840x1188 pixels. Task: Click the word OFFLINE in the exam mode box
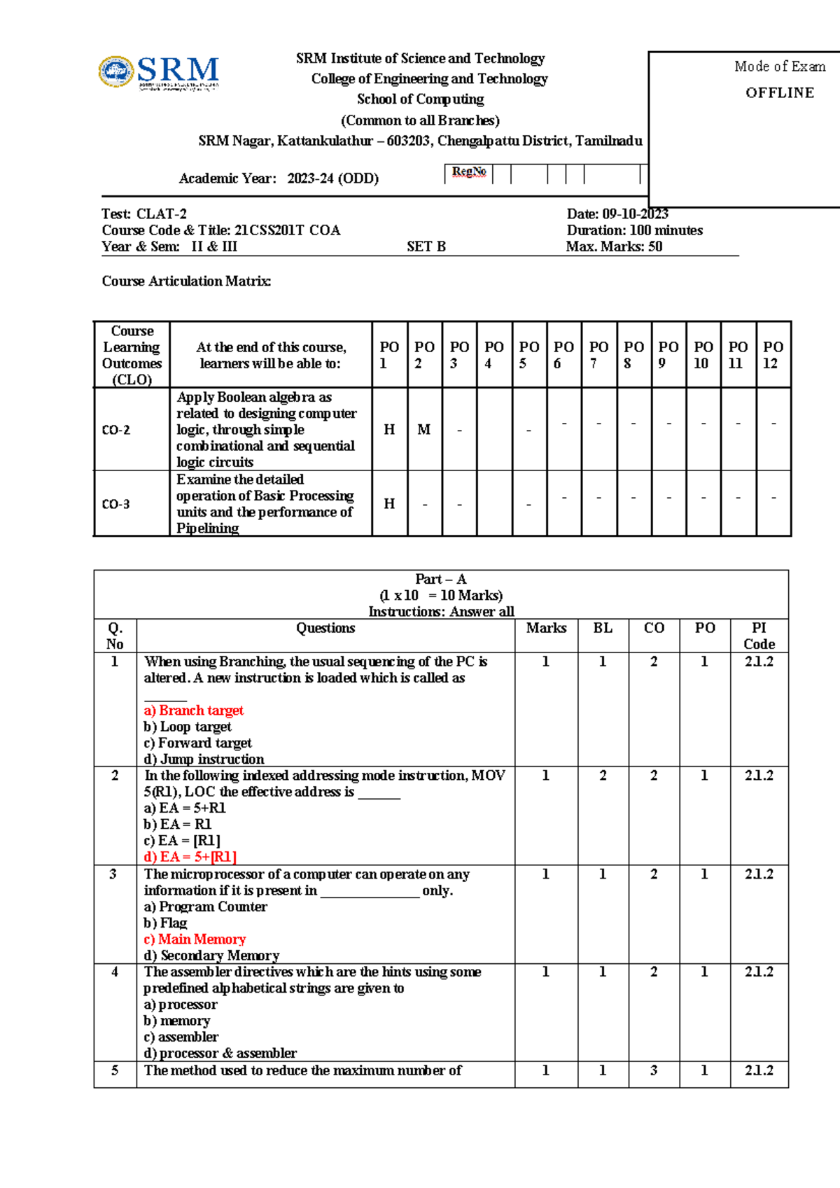[x=779, y=92]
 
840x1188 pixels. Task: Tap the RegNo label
[x=468, y=172]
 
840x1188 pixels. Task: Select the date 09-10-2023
[x=635, y=214]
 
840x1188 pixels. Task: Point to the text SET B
[x=426, y=246]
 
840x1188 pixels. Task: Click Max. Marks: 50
[x=614, y=246]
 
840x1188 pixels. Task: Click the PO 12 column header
[x=773, y=354]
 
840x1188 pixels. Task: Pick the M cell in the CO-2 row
[x=423, y=429]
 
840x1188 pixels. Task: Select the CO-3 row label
[x=116, y=504]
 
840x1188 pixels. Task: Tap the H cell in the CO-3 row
[x=389, y=503]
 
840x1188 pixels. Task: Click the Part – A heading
[x=440, y=579]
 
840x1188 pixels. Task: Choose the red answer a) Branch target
[x=194, y=710]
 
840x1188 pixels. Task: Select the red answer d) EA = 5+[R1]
[x=190, y=856]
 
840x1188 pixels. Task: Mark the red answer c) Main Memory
[x=195, y=939]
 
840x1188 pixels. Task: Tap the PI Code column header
[x=759, y=636]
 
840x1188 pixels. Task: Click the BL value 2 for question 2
[x=603, y=775]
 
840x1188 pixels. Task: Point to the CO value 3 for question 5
[x=654, y=1070]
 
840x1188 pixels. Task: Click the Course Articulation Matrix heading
[x=186, y=281]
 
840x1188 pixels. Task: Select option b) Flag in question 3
[x=165, y=923]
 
